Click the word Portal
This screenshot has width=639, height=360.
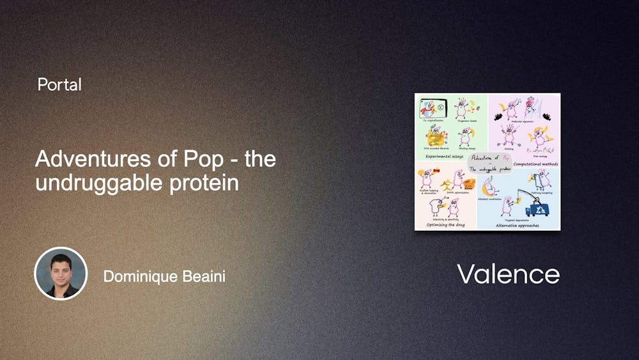pyautogui.click(x=59, y=84)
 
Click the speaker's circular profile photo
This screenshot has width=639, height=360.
pyautogui.click(x=60, y=273)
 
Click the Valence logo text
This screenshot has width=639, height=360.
pyautogui.click(x=508, y=274)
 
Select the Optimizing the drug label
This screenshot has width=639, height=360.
pyautogui.click(x=440, y=224)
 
